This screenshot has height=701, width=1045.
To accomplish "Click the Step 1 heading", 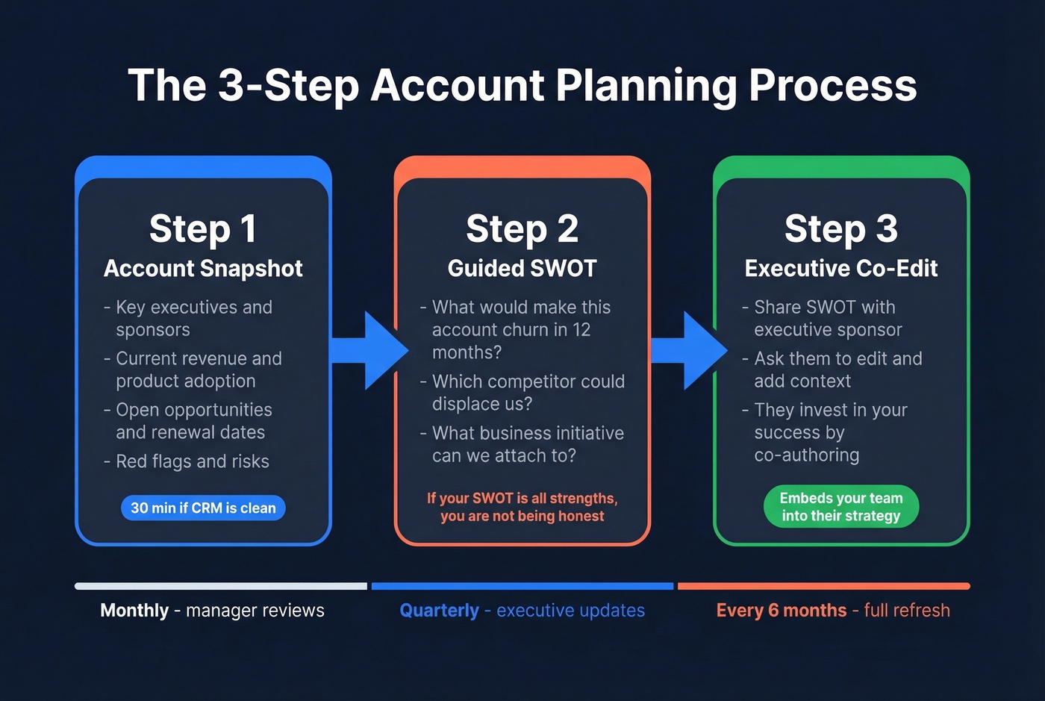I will click(x=203, y=228).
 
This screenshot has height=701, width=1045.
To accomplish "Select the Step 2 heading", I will click(x=522, y=228).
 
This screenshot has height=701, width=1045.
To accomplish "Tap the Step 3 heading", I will click(x=840, y=228).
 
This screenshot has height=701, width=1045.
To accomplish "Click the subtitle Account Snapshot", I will click(x=203, y=269).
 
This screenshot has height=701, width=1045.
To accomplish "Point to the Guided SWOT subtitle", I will click(x=522, y=269).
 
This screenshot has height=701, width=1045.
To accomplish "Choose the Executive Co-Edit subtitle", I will click(x=840, y=269).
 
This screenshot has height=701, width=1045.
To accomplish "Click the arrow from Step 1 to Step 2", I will click(x=372, y=350).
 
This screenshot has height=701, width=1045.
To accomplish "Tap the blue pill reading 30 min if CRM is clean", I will click(x=203, y=508).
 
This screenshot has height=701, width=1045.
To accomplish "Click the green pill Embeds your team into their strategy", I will click(x=840, y=507).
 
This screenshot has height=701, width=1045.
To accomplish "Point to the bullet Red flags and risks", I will click(x=192, y=461).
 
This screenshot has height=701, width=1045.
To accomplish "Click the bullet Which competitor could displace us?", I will click(x=528, y=393).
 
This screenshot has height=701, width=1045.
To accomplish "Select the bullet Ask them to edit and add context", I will click(x=837, y=370).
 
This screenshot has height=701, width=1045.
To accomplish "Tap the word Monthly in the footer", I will click(x=134, y=611).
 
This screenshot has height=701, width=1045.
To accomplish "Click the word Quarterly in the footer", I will click(x=439, y=611).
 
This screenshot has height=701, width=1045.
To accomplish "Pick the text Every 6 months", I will click(x=781, y=611).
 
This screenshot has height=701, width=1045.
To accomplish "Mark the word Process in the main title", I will click(x=832, y=85).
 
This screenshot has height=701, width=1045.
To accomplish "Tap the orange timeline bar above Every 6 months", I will click(x=823, y=586).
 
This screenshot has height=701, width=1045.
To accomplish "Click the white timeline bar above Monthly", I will click(x=221, y=586).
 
